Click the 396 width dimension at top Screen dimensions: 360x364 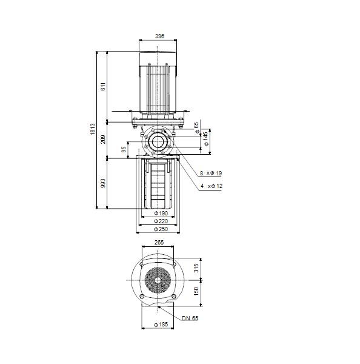[x=159, y=36]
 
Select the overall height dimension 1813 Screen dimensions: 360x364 [x=93, y=129]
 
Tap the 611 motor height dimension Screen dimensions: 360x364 [x=103, y=86]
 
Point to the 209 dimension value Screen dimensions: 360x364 [x=103, y=140]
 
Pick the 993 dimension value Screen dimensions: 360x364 [x=103, y=183]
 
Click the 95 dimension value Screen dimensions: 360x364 [x=124, y=149]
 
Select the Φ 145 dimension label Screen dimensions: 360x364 [x=205, y=139]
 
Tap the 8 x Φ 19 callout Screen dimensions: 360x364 [x=211, y=173]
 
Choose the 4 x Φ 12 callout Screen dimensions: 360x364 [x=212, y=186]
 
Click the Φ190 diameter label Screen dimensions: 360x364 [x=161, y=213]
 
